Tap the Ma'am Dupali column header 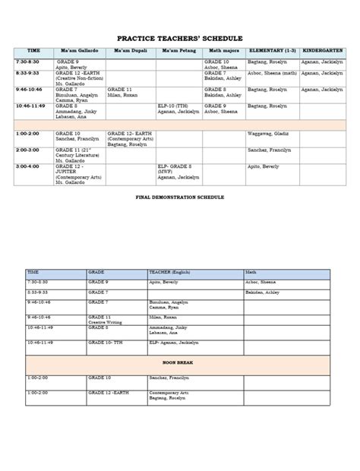pyautogui.click(x=130, y=52)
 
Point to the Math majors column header pyautogui.click(x=223, y=52)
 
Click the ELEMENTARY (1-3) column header pyautogui.click(x=272, y=52)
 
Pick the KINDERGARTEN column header pyautogui.click(x=323, y=52)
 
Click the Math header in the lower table pyautogui.click(x=251, y=271)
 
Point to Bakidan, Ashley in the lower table pyautogui.click(x=262, y=291)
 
